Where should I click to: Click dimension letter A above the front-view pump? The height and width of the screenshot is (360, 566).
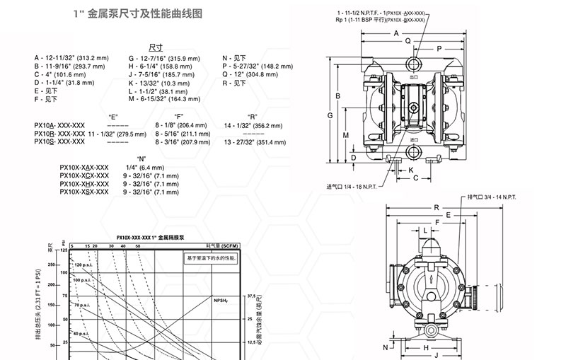click(x=396, y=33)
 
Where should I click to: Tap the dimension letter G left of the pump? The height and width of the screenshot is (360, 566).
click(x=330, y=114)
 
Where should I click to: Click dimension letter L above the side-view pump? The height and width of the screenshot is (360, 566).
click(x=424, y=231)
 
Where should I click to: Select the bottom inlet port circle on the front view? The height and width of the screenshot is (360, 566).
click(x=413, y=151)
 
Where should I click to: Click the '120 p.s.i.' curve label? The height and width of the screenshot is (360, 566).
click(x=83, y=264)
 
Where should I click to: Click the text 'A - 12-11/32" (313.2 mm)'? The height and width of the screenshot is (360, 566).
click(x=71, y=57)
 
